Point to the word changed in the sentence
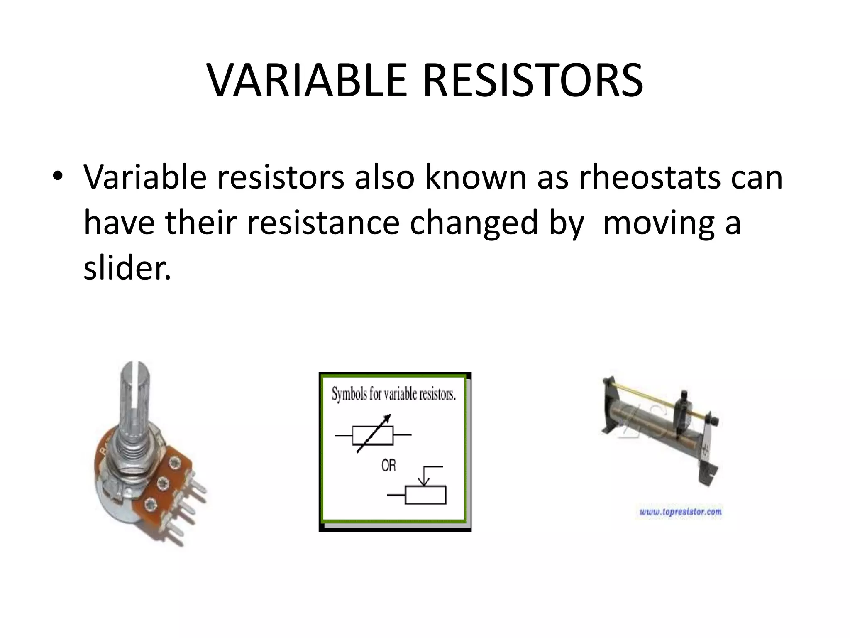474,223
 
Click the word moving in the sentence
658,223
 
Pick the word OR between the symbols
388,466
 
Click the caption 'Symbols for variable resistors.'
393,393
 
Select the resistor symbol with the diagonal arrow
373,434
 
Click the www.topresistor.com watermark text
680,512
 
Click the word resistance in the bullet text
323,223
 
